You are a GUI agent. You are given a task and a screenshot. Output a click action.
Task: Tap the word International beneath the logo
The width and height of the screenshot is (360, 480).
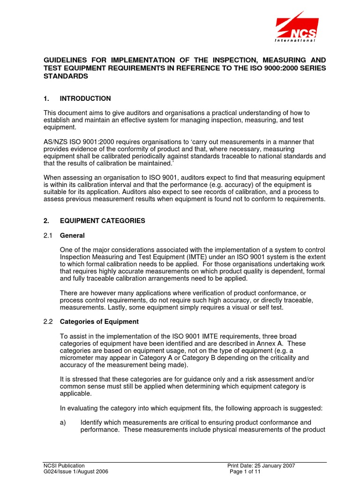(x=294, y=41)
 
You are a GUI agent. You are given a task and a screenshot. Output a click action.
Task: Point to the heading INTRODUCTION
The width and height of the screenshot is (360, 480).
(x=85, y=98)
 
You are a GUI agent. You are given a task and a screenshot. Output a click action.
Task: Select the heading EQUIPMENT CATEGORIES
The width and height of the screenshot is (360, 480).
(x=103, y=221)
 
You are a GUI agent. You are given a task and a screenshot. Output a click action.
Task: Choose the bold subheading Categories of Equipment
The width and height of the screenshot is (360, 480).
(x=99, y=322)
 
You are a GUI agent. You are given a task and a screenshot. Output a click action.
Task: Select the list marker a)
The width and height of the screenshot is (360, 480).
(x=64, y=422)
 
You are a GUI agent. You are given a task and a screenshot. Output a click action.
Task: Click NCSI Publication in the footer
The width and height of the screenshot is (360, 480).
(x=64, y=465)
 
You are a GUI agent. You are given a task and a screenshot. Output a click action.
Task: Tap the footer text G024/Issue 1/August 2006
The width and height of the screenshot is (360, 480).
(x=75, y=472)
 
